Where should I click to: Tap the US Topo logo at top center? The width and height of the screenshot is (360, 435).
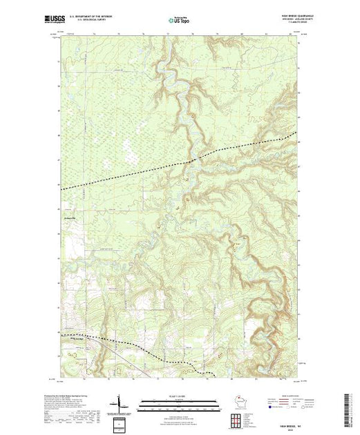click(x=179, y=21)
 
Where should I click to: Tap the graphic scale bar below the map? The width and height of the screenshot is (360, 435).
click(x=179, y=400)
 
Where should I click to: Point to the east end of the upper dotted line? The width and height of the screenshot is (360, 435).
click(x=297, y=132)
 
